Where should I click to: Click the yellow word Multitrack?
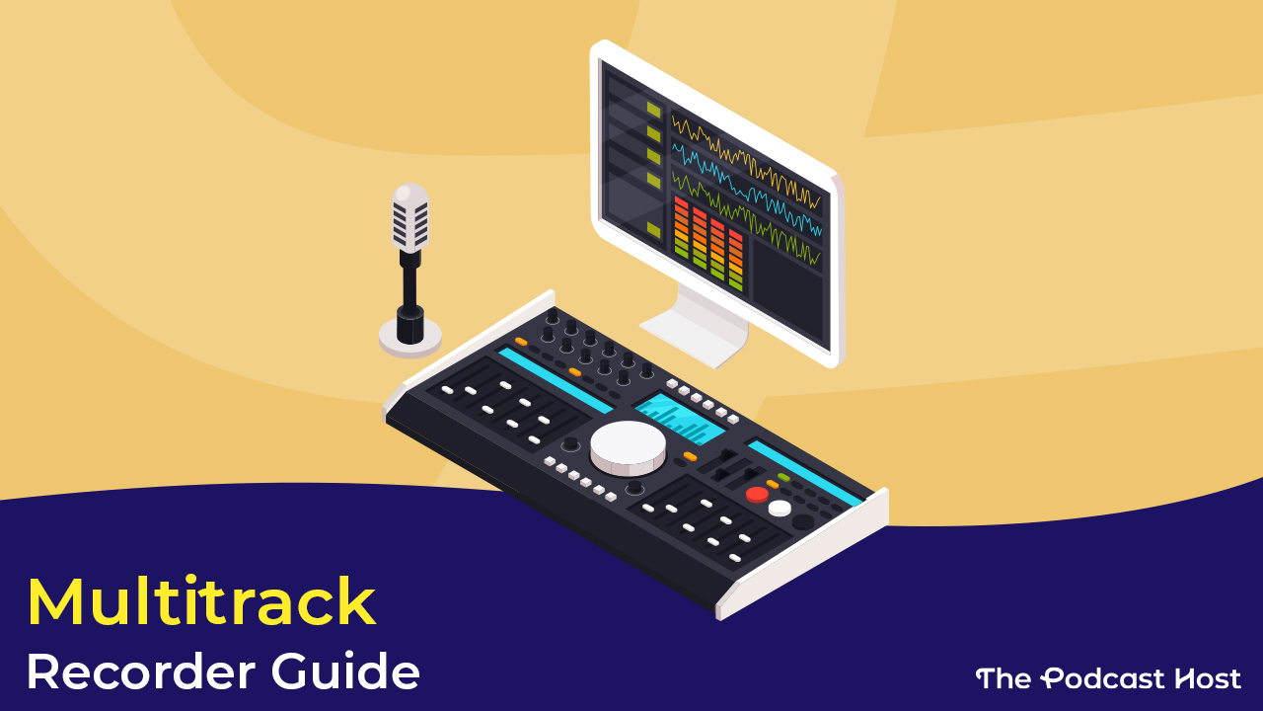tap(201, 601)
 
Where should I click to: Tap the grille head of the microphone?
tap(410, 217)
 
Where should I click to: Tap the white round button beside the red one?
tap(780, 508)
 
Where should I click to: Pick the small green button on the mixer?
tap(783, 478)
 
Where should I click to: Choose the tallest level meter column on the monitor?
tap(681, 227)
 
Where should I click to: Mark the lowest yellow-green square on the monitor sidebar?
tap(653, 229)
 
